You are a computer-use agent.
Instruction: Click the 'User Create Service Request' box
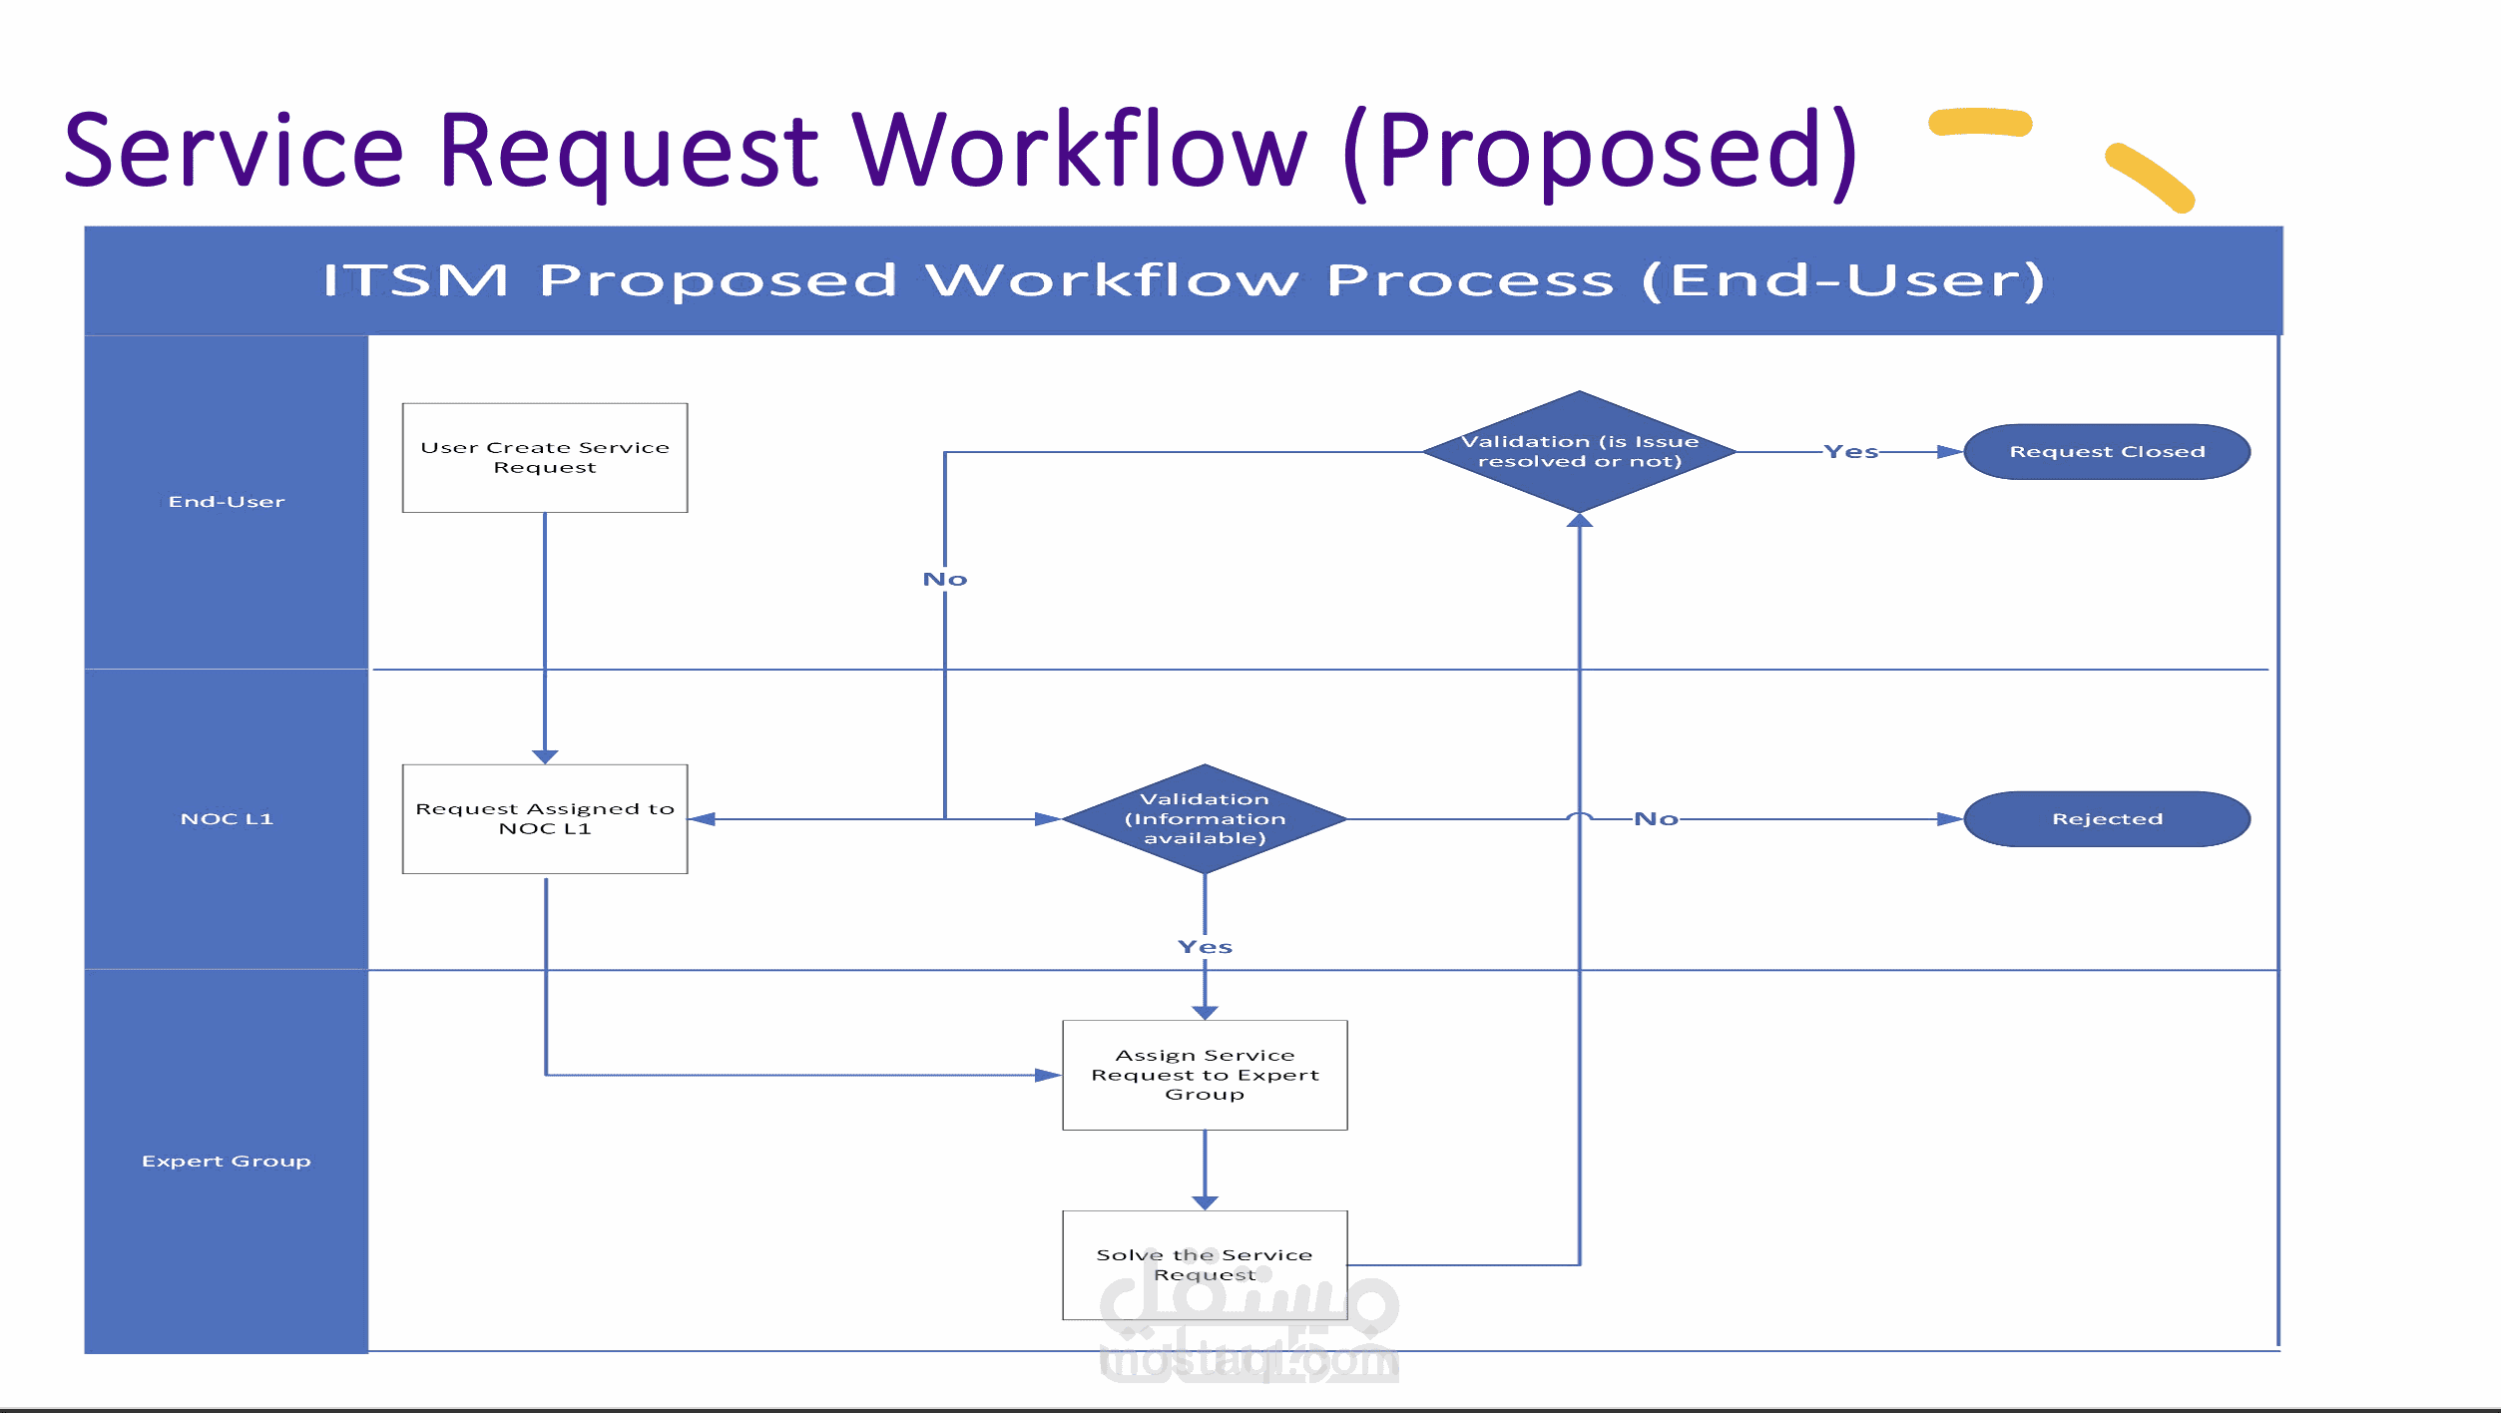coord(544,458)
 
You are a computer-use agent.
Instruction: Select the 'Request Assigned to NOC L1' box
coord(544,819)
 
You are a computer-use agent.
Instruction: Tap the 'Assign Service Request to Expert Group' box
coord(1205,1075)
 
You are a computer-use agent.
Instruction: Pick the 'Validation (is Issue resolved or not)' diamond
coord(1579,452)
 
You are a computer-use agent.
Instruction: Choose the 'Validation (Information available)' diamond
coord(1205,819)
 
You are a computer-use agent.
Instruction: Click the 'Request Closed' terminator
coord(2107,452)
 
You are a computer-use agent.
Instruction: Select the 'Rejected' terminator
coord(2107,819)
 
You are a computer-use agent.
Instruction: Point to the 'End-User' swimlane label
coord(227,502)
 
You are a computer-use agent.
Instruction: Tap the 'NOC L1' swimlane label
coord(227,819)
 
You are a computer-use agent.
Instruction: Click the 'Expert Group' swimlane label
coord(227,1162)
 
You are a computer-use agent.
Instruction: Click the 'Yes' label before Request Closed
coord(1850,452)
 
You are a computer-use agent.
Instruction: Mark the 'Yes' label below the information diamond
coord(1205,947)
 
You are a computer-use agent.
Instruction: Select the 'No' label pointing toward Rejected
coord(1656,819)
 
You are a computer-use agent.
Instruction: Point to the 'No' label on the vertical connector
coord(944,580)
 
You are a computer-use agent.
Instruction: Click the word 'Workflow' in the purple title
coord(1079,152)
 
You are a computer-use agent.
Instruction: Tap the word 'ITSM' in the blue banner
coord(415,280)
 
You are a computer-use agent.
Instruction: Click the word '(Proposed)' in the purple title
coord(1600,152)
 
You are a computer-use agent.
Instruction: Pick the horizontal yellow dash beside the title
coord(1980,122)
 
